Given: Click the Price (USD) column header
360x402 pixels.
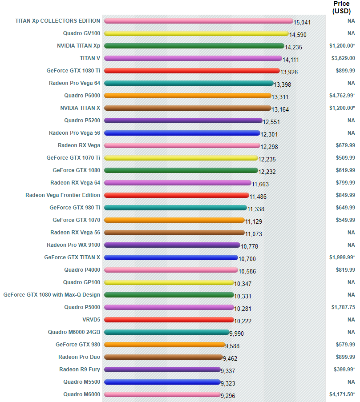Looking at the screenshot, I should pos(341,7).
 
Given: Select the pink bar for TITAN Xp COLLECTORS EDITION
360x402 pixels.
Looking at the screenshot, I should pos(198,20).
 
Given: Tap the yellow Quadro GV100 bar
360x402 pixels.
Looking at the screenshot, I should pos(196,33).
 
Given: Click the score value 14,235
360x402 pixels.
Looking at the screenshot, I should pos(293,47).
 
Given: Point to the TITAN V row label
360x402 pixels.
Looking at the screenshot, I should pos(90,58).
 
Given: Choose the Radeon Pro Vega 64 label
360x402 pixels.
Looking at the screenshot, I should pos(74,83).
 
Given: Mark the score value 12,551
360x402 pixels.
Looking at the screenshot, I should pos(271,121).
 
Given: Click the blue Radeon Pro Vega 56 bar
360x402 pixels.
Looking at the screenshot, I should pos(182,133).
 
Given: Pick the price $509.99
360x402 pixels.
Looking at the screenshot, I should pos(345,157).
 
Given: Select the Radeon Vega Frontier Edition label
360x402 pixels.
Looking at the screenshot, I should pos(63,195).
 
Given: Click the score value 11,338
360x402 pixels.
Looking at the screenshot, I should pos(256,209).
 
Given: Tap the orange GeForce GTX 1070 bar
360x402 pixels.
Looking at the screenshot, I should pos(174,220).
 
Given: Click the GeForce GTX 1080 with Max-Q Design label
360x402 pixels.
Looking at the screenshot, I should pos(52,294).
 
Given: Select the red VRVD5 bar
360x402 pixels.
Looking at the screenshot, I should pos(169,319).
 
